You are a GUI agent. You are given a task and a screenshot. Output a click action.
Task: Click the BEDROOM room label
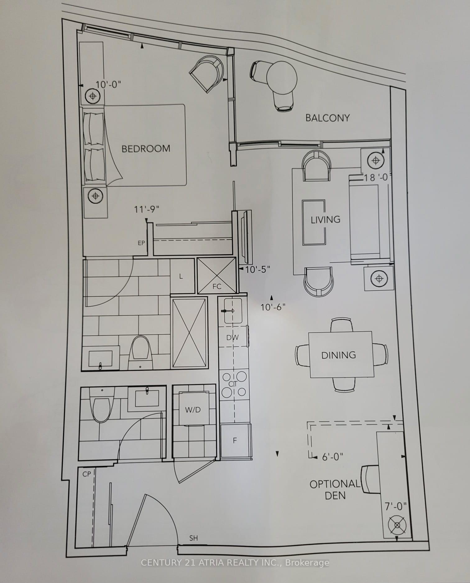pos(146,149)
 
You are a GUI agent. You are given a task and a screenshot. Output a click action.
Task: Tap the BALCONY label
pos(328,118)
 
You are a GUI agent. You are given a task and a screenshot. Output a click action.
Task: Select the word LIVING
pos(325,220)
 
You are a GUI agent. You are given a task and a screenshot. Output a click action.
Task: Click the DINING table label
pos(339,355)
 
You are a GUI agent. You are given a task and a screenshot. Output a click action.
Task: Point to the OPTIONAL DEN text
pos(335,489)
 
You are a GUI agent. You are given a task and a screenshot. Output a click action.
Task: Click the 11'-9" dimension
pos(146,209)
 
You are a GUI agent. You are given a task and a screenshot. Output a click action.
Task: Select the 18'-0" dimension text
pos(376,177)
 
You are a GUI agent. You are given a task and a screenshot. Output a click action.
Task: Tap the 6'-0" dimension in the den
pos(332,457)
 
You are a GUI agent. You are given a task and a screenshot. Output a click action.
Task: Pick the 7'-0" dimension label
pos(396,506)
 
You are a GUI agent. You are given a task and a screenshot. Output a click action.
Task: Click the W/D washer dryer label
pos(193,410)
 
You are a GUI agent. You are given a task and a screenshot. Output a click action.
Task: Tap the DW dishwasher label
pos(233,338)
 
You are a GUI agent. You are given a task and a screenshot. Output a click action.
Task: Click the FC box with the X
pos(217,276)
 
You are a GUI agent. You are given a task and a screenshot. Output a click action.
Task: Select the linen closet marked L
pos(183,276)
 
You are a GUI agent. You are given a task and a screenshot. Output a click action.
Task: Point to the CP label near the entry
pos(87,474)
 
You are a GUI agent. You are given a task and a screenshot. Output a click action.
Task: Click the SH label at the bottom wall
pos(193,538)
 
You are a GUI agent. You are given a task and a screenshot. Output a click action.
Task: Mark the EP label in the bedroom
pos(141,243)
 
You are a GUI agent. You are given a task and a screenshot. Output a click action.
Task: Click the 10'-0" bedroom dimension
pos(108,85)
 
